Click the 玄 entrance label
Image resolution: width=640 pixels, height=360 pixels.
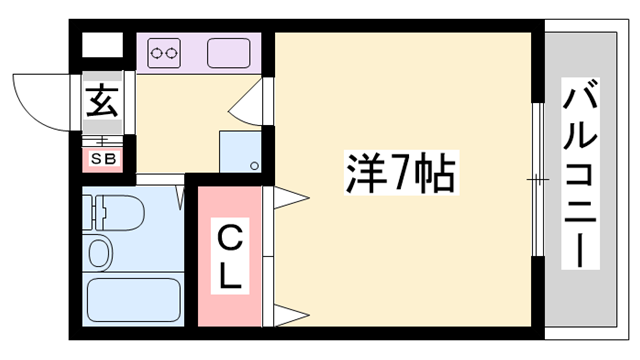point(102,101)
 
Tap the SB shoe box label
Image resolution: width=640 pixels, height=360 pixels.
point(103,158)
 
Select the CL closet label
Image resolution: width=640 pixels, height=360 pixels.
point(230,258)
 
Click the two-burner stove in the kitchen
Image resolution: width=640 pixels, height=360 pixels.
point(165,52)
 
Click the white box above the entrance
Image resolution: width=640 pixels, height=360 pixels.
point(100,47)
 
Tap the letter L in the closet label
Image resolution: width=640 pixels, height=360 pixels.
point(231,276)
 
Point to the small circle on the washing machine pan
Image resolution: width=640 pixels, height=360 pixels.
point(254,165)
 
